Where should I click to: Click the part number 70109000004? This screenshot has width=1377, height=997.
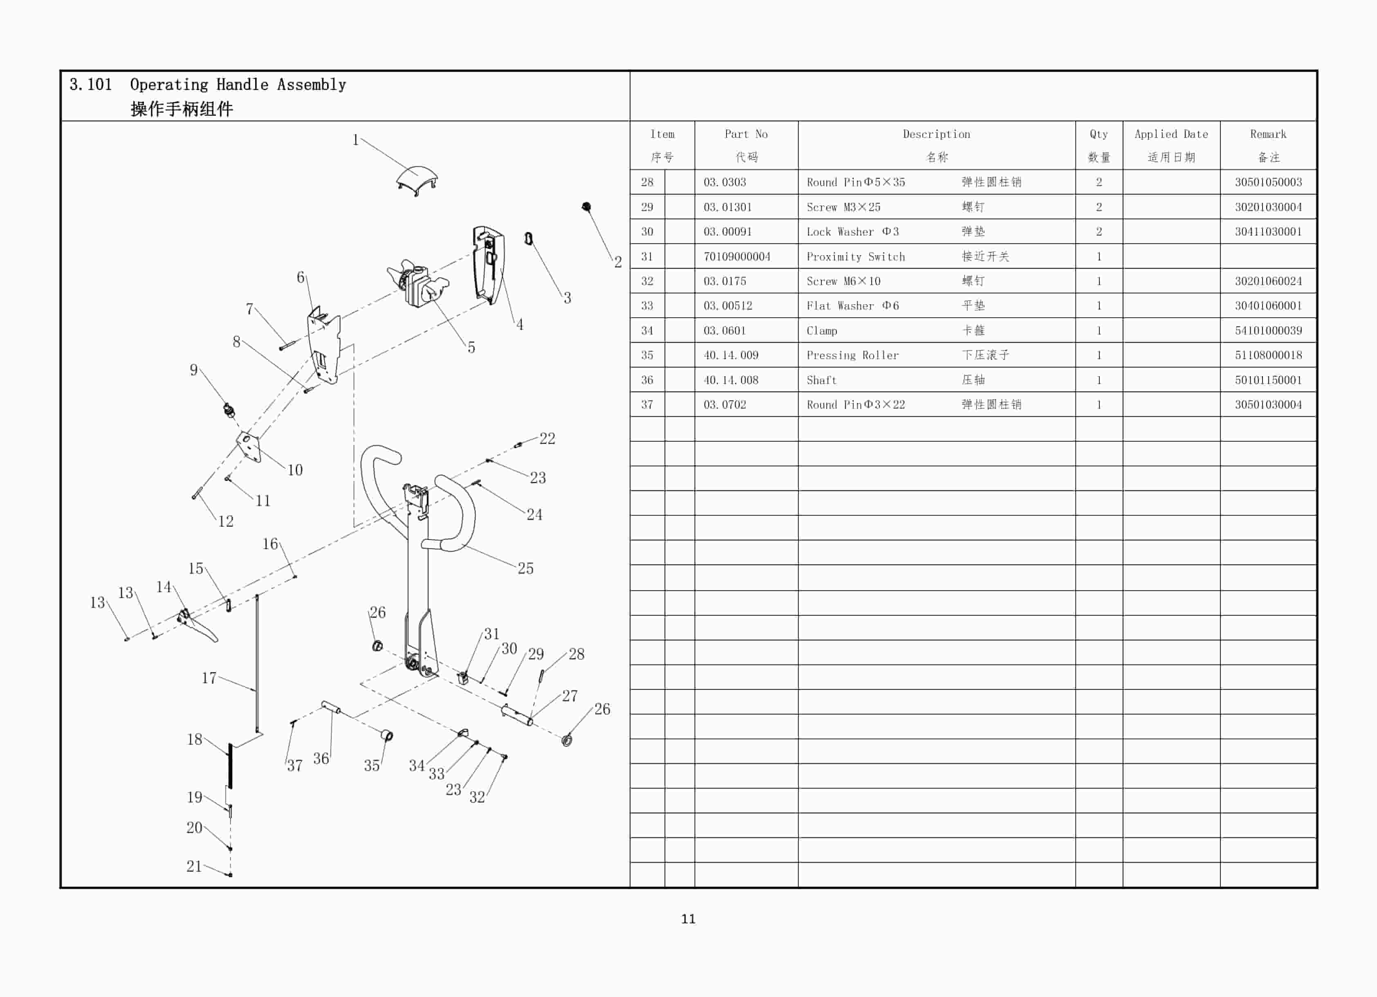coord(736,257)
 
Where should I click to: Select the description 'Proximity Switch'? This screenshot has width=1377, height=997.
coord(855,257)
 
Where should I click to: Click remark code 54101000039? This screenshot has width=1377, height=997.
coord(1268,331)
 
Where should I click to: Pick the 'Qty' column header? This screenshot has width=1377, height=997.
coord(1098,134)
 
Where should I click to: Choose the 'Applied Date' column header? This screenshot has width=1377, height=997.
coord(1171,134)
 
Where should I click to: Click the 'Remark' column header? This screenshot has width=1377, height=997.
coord(1268,134)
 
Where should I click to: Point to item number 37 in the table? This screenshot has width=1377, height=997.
coord(647,405)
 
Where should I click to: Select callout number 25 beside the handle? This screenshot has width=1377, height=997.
coord(525,568)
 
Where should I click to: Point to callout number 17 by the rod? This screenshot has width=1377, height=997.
coord(209,678)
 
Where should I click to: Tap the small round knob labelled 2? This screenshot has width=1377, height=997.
coord(587,207)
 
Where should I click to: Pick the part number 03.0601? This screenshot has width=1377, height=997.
coord(724,331)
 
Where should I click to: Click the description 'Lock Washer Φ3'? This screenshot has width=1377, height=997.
coord(852,232)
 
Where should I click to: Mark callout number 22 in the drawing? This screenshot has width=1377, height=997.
coord(547,438)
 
